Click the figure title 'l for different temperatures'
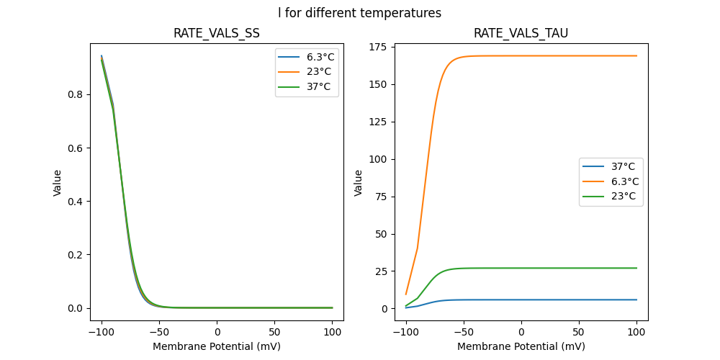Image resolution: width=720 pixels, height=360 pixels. [x=360, y=13]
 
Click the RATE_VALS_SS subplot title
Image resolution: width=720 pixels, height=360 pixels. [x=217, y=33]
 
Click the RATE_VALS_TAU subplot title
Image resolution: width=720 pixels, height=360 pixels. [x=521, y=33]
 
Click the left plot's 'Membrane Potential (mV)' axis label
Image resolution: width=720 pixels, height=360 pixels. [x=217, y=346]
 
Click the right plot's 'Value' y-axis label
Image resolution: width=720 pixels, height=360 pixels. [x=358, y=182]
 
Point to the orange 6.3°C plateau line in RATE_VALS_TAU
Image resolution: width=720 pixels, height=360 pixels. [x=562, y=55]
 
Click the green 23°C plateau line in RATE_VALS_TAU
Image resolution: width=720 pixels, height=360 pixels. [x=562, y=268]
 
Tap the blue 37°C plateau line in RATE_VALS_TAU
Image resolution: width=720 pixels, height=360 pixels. [x=562, y=300]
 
